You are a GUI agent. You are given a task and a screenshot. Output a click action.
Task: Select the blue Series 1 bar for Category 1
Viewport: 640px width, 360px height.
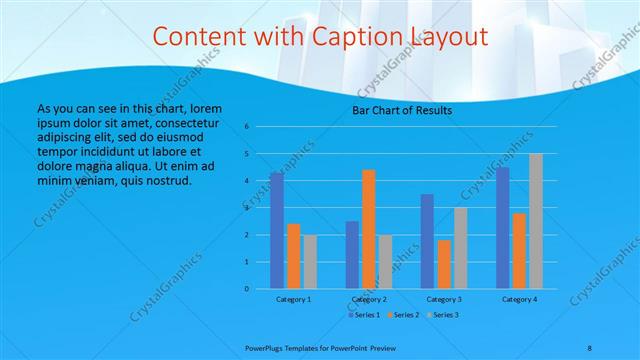(x=276, y=230)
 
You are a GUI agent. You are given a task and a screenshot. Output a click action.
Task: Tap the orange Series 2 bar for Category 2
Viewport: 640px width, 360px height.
(x=368, y=229)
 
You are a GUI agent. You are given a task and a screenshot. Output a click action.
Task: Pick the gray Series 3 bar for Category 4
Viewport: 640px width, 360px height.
(x=536, y=221)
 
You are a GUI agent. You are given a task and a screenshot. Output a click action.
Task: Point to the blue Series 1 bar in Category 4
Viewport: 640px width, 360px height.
(x=503, y=228)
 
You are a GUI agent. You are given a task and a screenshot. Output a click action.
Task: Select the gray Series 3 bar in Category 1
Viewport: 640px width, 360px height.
(x=309, y=262)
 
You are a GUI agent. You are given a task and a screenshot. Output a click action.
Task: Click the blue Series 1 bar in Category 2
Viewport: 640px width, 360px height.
(x=352, y=255)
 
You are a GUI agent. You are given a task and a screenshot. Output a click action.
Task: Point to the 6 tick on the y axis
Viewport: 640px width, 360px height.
(x=247, y=127)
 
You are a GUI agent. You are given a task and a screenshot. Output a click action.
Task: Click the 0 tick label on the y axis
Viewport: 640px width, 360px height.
(x=247, y=289)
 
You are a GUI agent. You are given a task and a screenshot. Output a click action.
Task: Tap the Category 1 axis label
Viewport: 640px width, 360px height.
(x=292, y=299)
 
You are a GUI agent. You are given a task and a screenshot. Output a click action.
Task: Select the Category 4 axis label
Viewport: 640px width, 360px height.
(x=519, y=299)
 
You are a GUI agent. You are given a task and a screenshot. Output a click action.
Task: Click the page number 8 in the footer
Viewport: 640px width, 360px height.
(x=589, y=346)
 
